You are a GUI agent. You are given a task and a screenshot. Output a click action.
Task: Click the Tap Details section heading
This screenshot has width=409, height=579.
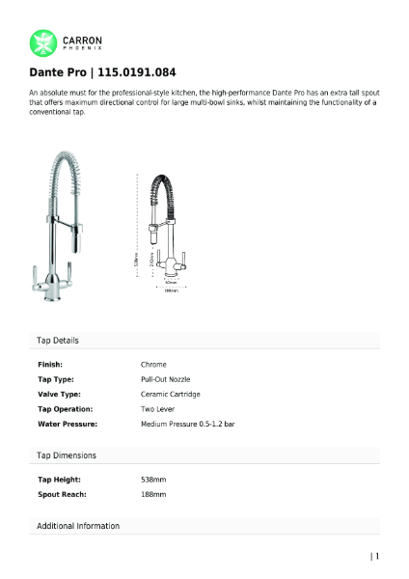coord(58,341)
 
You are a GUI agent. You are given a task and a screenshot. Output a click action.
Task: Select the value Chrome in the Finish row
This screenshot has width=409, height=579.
coord(153,365)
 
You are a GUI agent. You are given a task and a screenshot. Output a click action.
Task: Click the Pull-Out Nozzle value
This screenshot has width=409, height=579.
coord(166,380)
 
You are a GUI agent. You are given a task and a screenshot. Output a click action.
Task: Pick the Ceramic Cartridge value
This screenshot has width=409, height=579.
coord(169,395)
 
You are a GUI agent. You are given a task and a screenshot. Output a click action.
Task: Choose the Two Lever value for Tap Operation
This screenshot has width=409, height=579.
coord(157,409)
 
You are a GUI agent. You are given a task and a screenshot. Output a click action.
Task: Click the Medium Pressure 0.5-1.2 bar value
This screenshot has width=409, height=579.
coord(188,424)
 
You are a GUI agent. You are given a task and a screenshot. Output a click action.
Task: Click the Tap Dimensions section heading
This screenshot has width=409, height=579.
coord(67,455)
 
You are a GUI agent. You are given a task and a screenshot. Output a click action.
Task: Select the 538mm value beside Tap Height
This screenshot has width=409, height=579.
coord(153,479)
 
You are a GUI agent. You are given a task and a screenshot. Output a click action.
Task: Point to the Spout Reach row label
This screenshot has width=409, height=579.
coord(62,494)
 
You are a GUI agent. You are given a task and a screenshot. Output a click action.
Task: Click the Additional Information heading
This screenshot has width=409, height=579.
coord(78,526)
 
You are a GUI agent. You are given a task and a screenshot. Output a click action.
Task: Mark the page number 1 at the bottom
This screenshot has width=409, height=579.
coord(377,555)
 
